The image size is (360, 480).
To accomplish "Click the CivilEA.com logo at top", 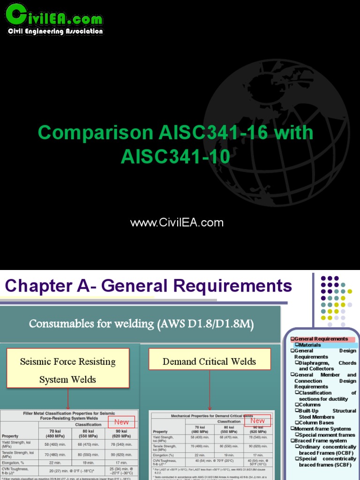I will pos(54,19).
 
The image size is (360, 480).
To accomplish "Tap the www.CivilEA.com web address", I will pos(177,223).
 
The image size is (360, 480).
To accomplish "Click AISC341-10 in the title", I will pos(175,157).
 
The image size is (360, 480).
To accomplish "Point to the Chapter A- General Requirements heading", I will pos(148,285).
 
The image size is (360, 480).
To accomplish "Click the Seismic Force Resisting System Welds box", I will pos(67,370).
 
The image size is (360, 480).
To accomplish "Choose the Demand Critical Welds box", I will pos(209,361).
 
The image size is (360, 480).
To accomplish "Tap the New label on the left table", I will pos(121,422).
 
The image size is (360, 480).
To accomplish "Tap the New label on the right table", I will pos(257,420).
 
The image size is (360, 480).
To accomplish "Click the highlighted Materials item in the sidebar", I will pos(310,345).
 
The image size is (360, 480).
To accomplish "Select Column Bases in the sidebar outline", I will pos(316,423).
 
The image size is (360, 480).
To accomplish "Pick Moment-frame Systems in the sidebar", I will pos(322,429).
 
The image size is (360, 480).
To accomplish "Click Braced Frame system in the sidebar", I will pos(321,441).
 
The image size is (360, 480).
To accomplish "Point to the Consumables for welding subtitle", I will pos(141,323).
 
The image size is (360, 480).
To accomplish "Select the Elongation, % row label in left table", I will pos(15,462).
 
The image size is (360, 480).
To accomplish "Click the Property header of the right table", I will pos(160,431).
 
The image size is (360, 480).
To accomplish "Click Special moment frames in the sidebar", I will pos(327,435).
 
